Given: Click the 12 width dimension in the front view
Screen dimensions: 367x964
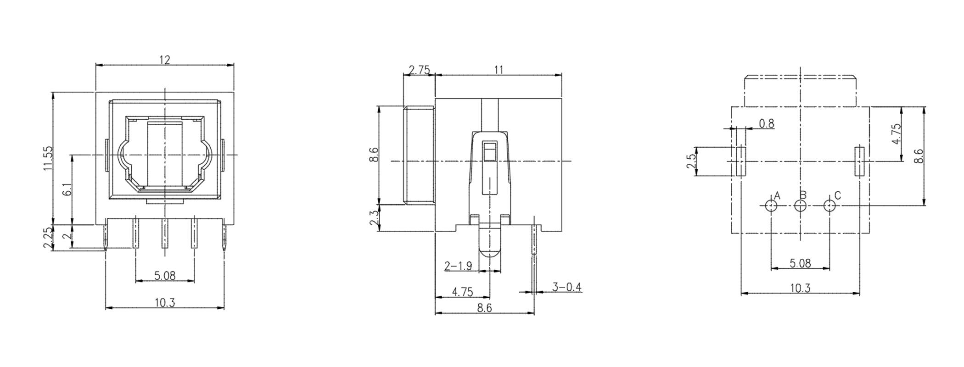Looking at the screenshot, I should (x=164, y=60).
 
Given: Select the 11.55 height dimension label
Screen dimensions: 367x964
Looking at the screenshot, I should (x=48, y=158).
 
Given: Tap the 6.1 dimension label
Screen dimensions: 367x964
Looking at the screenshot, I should (x=67, y=190).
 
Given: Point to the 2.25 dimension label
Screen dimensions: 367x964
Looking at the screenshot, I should (x=48, y=239).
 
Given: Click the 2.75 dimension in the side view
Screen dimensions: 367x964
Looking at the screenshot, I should (x=419, y=70).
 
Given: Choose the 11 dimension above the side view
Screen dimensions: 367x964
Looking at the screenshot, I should (x=499, y=70).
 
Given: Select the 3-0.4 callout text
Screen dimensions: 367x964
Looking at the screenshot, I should (x=566, y=287).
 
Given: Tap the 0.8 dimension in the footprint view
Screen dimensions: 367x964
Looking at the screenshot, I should (x=766, y=123).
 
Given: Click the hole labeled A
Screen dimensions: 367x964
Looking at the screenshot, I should (x=771, y=206).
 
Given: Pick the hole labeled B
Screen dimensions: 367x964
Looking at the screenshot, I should (x=800, y=206).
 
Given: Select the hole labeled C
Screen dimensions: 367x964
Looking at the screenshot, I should (x=829, y=206).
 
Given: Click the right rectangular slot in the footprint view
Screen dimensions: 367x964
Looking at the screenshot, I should (x=859, y=161).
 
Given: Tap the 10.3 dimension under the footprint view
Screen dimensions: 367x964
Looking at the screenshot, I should (x=800, y=288).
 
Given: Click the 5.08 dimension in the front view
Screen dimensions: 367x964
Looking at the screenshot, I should (x=164, y=276).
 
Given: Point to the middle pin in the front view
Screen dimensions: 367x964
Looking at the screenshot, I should (x=164, y=234).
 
